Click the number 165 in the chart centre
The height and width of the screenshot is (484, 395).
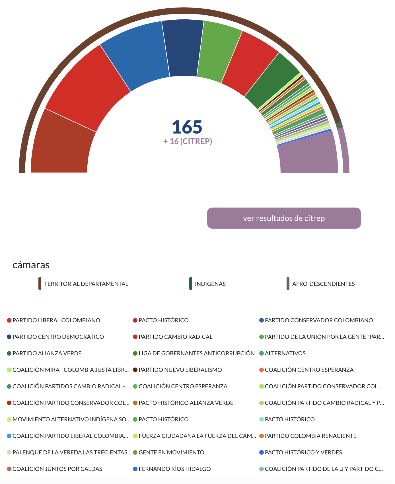click(x=187, y=127)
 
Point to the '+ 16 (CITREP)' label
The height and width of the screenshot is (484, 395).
click(x=188, y=141)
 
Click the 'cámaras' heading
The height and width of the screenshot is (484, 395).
click(x=31, y=265)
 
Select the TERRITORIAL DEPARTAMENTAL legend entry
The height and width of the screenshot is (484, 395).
click(x=86, y=284)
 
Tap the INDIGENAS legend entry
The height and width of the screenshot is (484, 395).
click(x=210, y=284)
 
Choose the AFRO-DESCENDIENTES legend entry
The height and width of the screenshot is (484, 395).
click(x=323, y=284)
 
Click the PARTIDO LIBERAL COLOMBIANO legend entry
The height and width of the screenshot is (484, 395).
click(x=56, y=320)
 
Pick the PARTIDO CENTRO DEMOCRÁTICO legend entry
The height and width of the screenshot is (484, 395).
click(x=58, y=337)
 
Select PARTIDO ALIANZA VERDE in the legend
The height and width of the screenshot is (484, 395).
click(x=47, y=353)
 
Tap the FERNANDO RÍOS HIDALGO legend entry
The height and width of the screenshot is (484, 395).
click(x=174, y=469)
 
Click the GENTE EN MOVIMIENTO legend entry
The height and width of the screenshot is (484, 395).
click(x=171, y=452)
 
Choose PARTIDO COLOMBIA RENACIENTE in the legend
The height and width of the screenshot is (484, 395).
click(x=310, y=436)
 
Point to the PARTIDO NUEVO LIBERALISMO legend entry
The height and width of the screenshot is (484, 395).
click(x=180, y=370)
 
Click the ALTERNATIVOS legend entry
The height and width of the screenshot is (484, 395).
click(x=285, y=353)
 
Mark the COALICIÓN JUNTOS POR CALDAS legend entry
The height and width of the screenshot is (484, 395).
click(x=57, y=469)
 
